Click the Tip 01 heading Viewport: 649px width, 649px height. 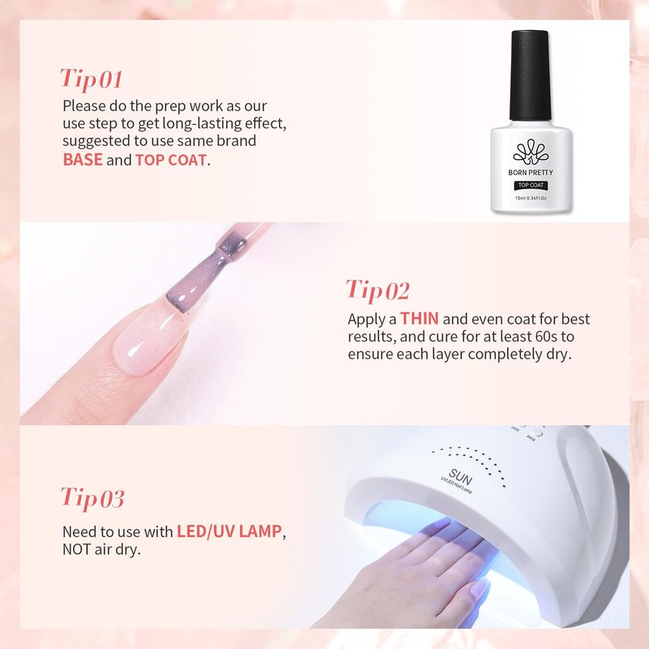(92, 80)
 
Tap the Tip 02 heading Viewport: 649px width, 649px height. (377, 290)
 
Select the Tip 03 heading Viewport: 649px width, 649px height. (92, 498)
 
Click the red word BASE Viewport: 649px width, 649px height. (83, 160)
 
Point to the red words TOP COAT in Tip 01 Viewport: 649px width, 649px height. (170, 160)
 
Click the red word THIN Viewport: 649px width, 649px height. (419, 319)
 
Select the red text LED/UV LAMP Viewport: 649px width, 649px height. (230, 531)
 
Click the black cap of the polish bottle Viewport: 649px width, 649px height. (531, 75)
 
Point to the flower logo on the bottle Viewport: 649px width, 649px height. (531, 153)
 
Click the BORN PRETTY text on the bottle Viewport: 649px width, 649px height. (531, 173)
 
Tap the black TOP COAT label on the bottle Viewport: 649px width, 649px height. (531, 186)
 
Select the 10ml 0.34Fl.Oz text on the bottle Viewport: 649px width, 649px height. (531, 198)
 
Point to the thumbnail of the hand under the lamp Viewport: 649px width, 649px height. (479, 587)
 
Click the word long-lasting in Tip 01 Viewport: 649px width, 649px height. (201, 124)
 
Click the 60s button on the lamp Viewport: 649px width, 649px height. (537, 433)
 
